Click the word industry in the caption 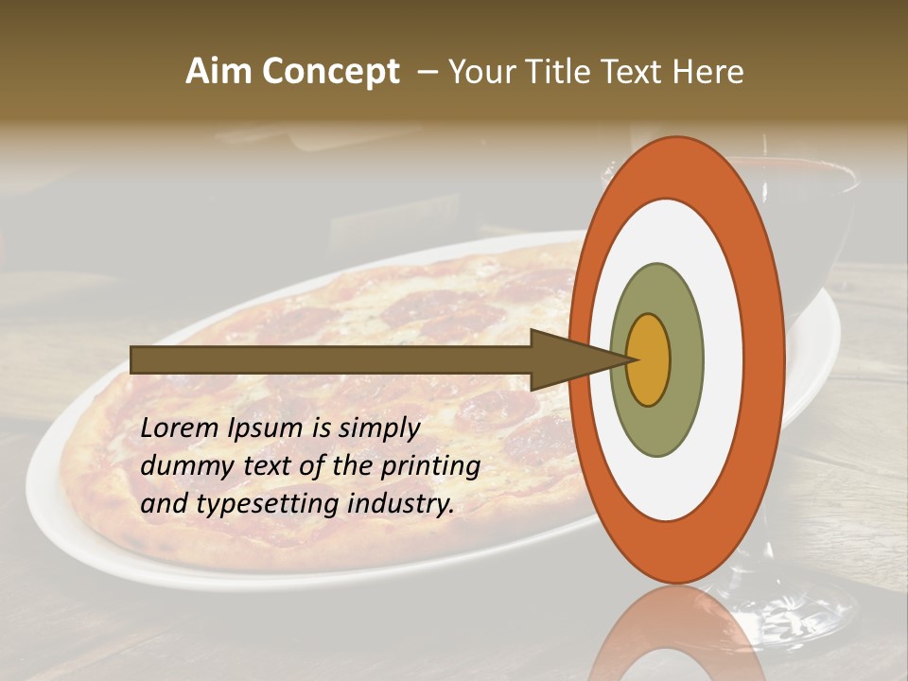pyautogui.click(x=400, y=503)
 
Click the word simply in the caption pyautogui.click(x=378, y=429)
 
